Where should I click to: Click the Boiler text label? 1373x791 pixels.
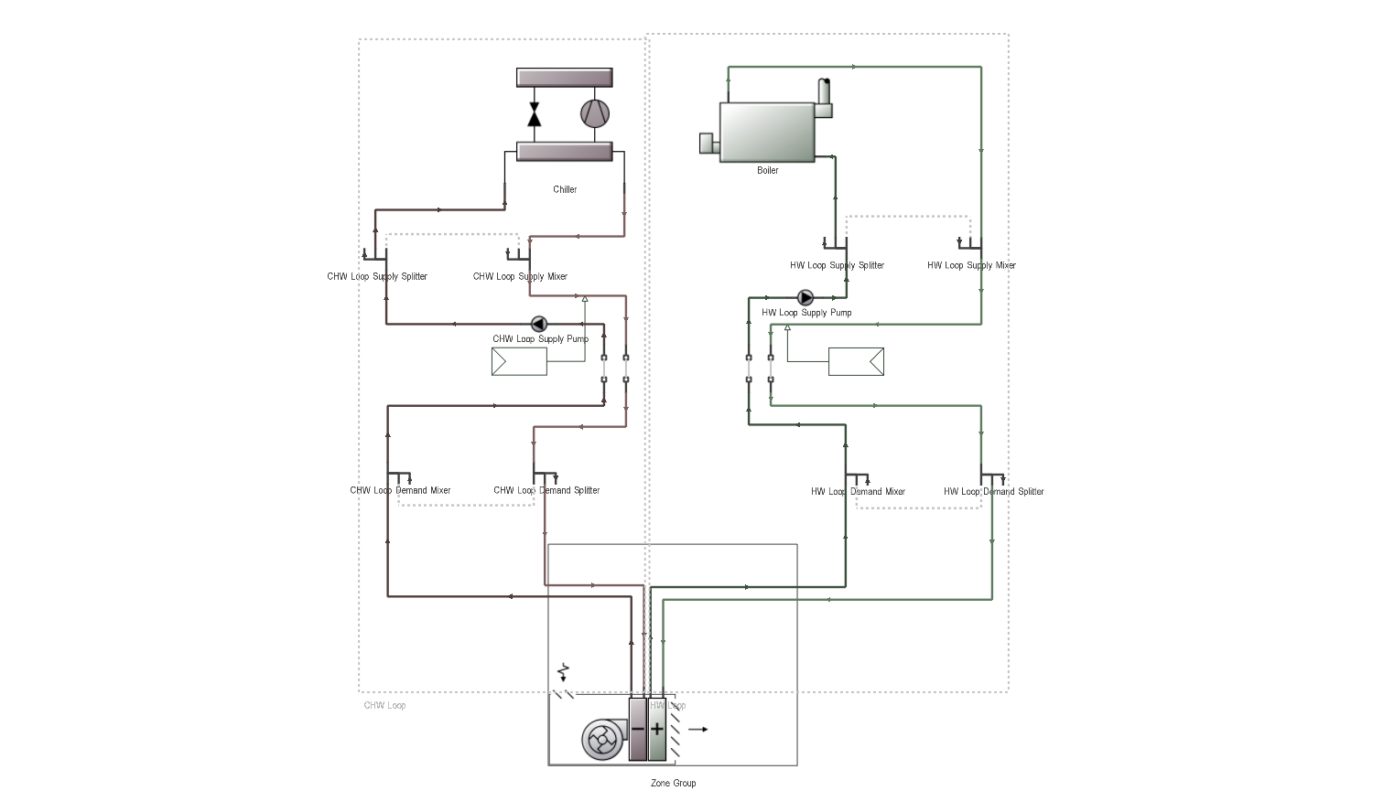[x=767, y=171]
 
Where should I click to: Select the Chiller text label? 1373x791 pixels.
[x=565, y=190]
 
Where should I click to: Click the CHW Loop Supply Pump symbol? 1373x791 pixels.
[x=538, y=324]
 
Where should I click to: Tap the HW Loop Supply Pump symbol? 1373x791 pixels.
[x=805, y=298]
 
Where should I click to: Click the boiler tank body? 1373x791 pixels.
[x=767, y=132]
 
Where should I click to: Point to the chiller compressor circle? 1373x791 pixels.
[x=594, y=113]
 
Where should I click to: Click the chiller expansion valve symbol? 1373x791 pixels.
[x=535, y=114]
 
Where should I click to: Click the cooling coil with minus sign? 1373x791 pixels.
[x=638, y=730]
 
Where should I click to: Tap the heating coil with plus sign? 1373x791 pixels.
[x=657, y=730]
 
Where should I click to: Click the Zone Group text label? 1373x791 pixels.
[x=673, y=784]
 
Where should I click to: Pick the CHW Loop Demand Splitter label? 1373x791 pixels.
[x=546, y=491]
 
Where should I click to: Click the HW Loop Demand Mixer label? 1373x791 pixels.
[x=858, y=492]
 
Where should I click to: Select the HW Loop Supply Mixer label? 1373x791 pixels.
[x=971, y=266]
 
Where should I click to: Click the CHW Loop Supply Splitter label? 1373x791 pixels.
[x=377, y=277]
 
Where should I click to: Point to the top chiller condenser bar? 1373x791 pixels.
[x=564, y=78]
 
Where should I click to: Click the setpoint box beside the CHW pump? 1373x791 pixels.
[x=519, y=362]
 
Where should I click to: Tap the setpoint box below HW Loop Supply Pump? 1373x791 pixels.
[x=856, y=361]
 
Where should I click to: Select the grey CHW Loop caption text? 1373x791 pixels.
[x=384, y=706]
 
